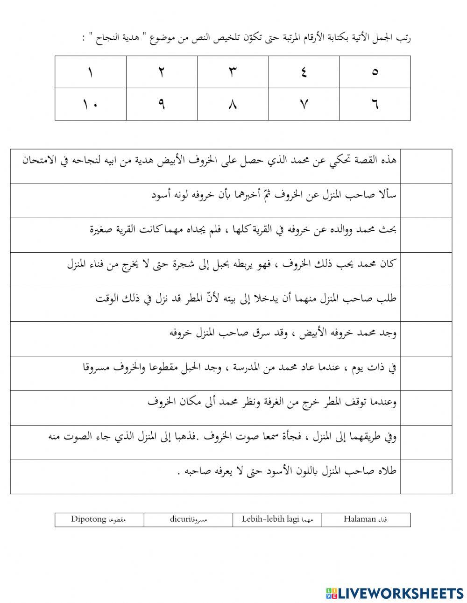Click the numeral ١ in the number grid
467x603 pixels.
(x=90, y=72)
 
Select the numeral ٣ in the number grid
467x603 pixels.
(x=233, y=72)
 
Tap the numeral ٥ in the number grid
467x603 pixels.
(x=375, y=72)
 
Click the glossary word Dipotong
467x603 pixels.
(x=89, y=519)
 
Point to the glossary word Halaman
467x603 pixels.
(x=360, y=519)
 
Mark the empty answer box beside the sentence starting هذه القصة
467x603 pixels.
(x=426, y=166)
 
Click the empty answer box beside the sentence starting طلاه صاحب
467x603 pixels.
(x=426, y=477)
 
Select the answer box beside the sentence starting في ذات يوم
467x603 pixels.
(x=426, y=373)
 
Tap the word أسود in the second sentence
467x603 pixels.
(x=162, y=195)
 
